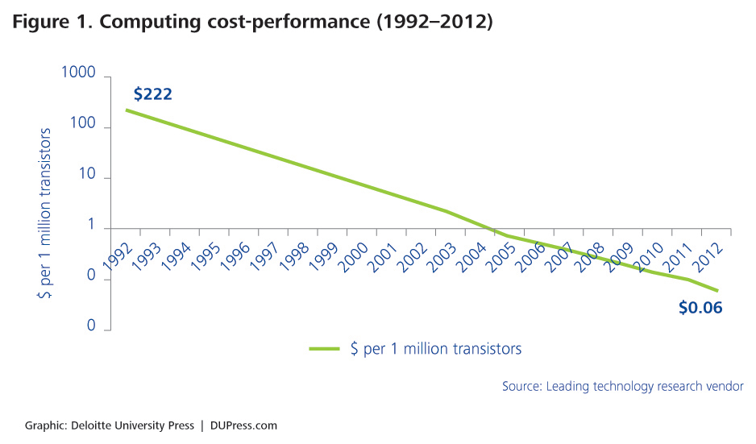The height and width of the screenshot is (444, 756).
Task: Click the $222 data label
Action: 153,94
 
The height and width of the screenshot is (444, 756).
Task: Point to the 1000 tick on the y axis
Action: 78,73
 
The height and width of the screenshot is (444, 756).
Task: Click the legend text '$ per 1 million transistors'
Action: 436,349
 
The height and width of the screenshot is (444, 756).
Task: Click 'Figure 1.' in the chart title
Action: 51,22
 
